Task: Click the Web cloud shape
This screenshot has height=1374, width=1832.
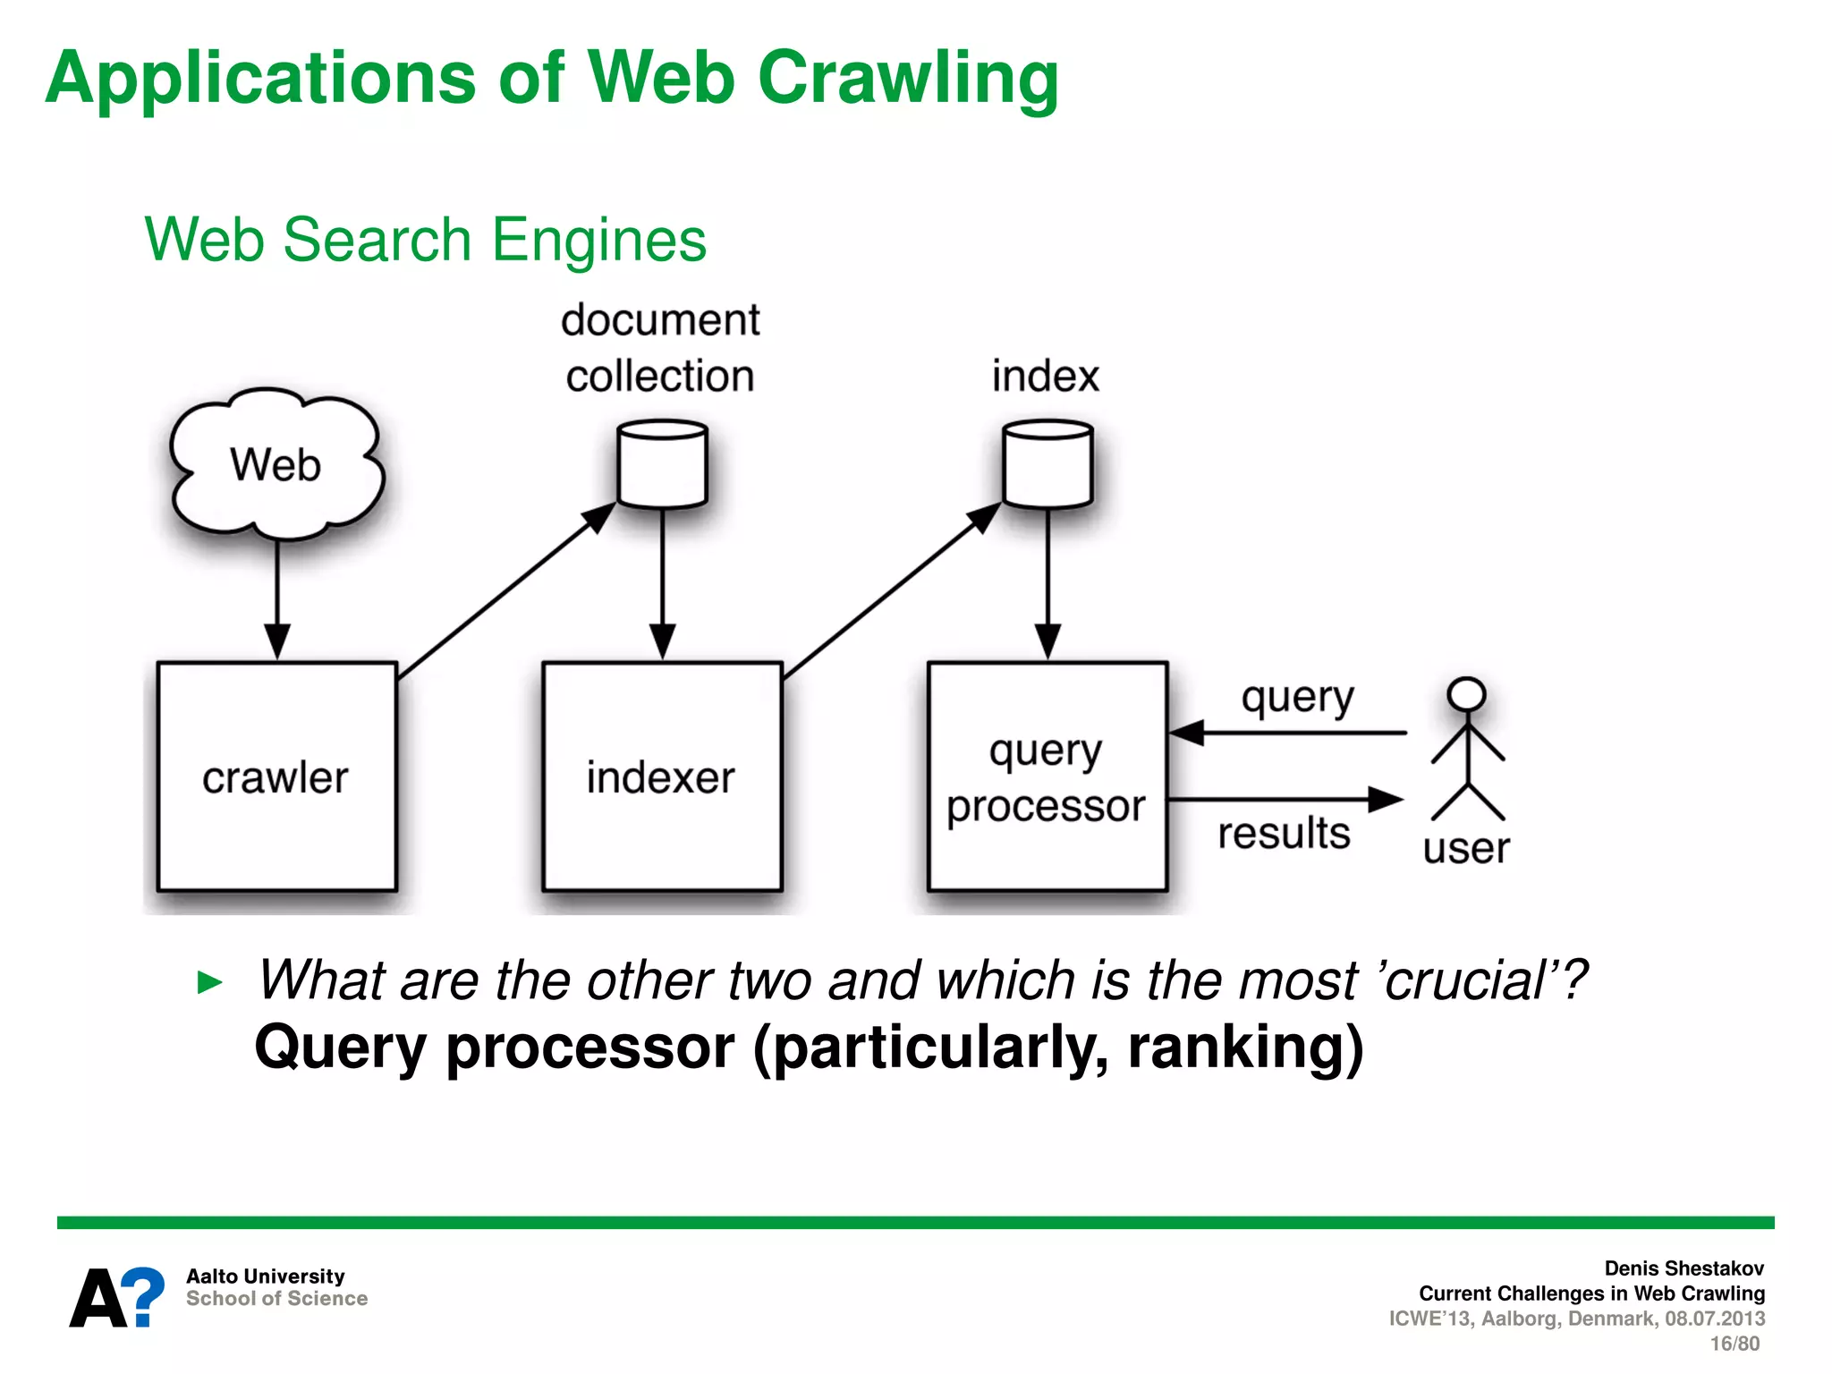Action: point(276,465)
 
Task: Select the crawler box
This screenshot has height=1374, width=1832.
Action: point(276,776)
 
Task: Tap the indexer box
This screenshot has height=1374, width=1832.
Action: point(662,776)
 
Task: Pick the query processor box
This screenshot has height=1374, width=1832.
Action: point(1047,776)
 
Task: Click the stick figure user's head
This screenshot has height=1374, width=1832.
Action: point(1467,695)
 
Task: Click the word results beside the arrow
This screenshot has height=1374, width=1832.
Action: point(1284,834)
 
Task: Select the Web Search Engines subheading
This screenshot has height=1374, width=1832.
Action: point(425,240)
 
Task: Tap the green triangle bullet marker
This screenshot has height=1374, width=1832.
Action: point(209,982)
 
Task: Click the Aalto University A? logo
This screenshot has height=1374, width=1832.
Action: point(117,1297)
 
